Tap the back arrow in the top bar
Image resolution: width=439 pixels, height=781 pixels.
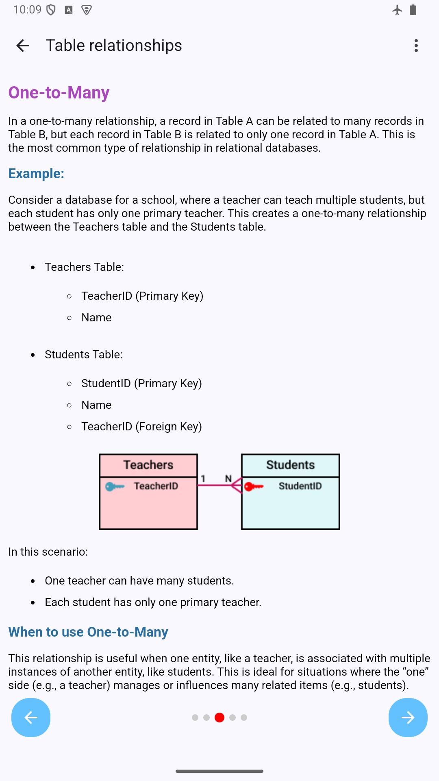coord(23,46)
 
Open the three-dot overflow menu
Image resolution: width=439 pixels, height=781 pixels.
coord(416,46)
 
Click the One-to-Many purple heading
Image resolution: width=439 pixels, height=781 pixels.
coord(59,93)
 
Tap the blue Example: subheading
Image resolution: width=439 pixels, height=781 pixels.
coord(36,174)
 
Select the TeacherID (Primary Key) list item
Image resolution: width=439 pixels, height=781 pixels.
coord(142,296)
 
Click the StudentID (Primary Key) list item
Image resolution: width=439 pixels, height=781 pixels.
coord(141,384)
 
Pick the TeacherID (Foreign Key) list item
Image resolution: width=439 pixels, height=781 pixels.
coord(141,427)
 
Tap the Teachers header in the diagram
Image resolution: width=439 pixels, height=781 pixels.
coord(148,465)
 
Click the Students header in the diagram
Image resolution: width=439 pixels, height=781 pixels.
coord(290,465)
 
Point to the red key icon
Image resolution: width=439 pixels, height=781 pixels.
coord(254,486)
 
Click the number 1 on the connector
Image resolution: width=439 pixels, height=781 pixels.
coord(203,479)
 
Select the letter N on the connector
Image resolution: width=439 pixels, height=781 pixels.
coord(228,479)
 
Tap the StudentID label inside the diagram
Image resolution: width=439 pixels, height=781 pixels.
coord(300,486)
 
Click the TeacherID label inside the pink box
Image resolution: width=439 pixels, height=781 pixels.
coord(156,486)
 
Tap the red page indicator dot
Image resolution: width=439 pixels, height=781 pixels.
coord(219,718)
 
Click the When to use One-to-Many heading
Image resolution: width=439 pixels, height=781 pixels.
coord(88,632)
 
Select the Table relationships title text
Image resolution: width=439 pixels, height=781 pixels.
coord(114,46)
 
